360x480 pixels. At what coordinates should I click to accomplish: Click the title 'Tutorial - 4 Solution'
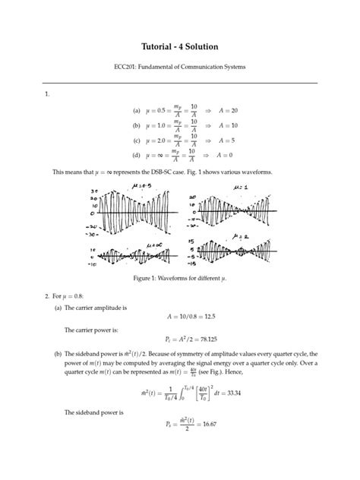click(180, 47)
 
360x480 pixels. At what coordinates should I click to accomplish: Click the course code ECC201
click(125, 68)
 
